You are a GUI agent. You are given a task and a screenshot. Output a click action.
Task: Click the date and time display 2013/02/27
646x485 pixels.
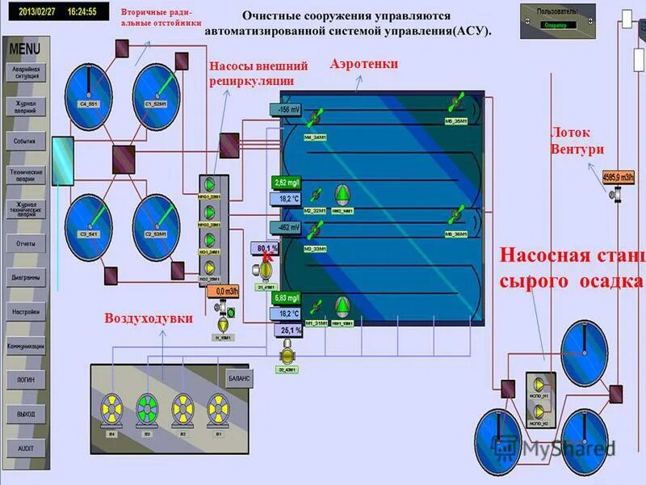[54, 12]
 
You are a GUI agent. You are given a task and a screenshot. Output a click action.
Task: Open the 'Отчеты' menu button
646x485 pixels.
[25, 242]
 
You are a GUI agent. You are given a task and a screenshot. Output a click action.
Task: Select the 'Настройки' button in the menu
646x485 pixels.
[25, 311]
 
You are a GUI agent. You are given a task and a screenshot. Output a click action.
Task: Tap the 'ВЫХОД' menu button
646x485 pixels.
[25, 413]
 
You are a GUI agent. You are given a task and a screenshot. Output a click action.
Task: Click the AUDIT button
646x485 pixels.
[25, 447]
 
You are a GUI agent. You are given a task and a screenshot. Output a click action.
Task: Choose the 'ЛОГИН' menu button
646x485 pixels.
[25, 378]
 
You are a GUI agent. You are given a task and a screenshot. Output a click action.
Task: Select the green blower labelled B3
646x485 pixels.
[147, 407]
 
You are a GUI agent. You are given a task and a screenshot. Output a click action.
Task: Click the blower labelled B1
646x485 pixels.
[217, 407]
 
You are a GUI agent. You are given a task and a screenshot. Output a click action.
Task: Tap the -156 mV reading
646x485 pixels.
[288, 109]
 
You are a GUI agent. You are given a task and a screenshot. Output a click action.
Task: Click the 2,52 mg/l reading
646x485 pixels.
[287, 182]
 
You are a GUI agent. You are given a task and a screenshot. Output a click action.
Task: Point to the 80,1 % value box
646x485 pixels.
[267, 247]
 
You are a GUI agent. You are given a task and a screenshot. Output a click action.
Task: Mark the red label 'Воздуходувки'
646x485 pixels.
[149, 318]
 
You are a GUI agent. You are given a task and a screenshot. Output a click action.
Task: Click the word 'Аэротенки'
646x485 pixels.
[364, 64]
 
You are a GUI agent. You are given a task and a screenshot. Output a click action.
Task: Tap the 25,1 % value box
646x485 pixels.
[287, 331]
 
